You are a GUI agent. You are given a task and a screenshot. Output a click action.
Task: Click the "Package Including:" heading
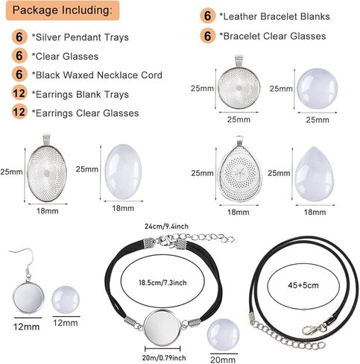(63, 10)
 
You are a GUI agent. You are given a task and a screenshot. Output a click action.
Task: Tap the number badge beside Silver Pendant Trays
(19, 37)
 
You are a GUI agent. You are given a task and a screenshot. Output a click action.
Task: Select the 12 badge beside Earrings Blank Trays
(19, 93)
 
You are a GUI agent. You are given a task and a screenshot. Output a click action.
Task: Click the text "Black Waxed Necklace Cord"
(99, 75)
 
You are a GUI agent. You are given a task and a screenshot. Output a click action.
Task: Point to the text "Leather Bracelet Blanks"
(277, 16)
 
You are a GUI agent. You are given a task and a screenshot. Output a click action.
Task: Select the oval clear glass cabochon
(123, 172)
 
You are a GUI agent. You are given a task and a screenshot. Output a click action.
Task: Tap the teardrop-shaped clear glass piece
(315, 174)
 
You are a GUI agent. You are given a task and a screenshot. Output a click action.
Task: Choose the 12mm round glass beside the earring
(66, 300)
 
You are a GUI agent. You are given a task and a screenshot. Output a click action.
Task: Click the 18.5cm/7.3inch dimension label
(162, 283)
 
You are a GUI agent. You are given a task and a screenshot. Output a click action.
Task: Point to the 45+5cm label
(303, 285)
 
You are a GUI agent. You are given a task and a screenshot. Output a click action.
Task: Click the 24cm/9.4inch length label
(166, 227)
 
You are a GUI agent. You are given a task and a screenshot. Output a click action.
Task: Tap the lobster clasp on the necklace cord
(314, 329)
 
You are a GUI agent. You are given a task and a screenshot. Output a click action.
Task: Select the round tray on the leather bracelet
(162, 327)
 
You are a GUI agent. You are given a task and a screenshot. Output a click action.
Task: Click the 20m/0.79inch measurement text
(164, 358)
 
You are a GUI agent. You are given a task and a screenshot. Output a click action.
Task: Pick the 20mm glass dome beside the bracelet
(223, 334)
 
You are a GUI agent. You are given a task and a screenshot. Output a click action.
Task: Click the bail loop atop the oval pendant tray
(47, 139)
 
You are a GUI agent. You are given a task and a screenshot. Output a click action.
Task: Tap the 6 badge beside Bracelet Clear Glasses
(207, 36)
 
